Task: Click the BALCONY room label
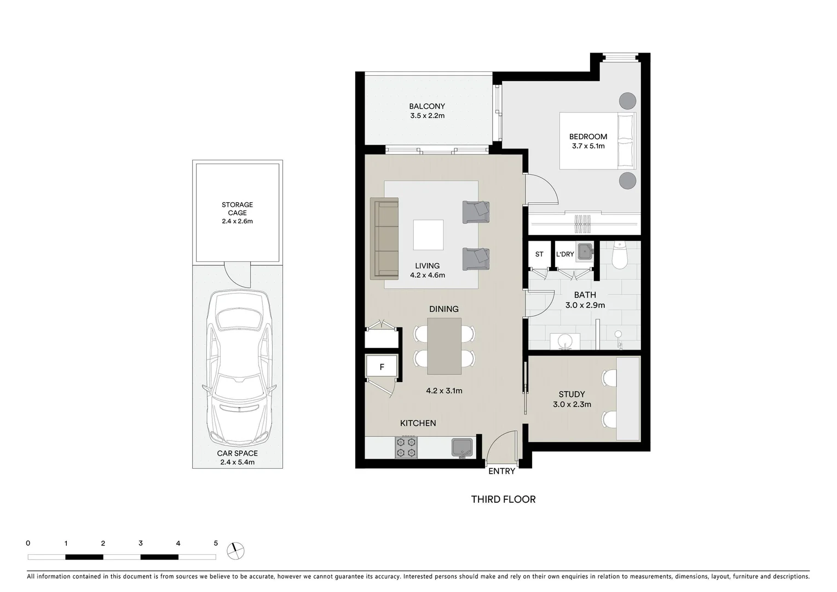coord(427,106)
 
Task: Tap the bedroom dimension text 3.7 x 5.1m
coord(588,146)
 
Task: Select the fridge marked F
coord(382,367)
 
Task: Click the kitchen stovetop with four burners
coord(406,447)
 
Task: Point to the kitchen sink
coord(463,448)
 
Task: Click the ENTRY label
coord(502,471)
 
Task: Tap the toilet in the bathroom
coord(620,255)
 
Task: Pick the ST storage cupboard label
coord(539,254)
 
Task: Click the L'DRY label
coord(565,254)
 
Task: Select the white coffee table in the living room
coord(428,235)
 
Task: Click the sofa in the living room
coord(384,239)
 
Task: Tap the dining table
coord(445,346)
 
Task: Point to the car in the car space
coord(238,368)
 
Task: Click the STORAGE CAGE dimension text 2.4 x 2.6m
coord(237,221)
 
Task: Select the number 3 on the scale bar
coord(141,543)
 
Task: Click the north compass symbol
coord(235,551)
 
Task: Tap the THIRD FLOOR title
coord(503,499)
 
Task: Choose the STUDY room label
coord(572,395)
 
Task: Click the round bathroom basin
coord(564,341)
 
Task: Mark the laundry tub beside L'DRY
coord(585,252)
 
